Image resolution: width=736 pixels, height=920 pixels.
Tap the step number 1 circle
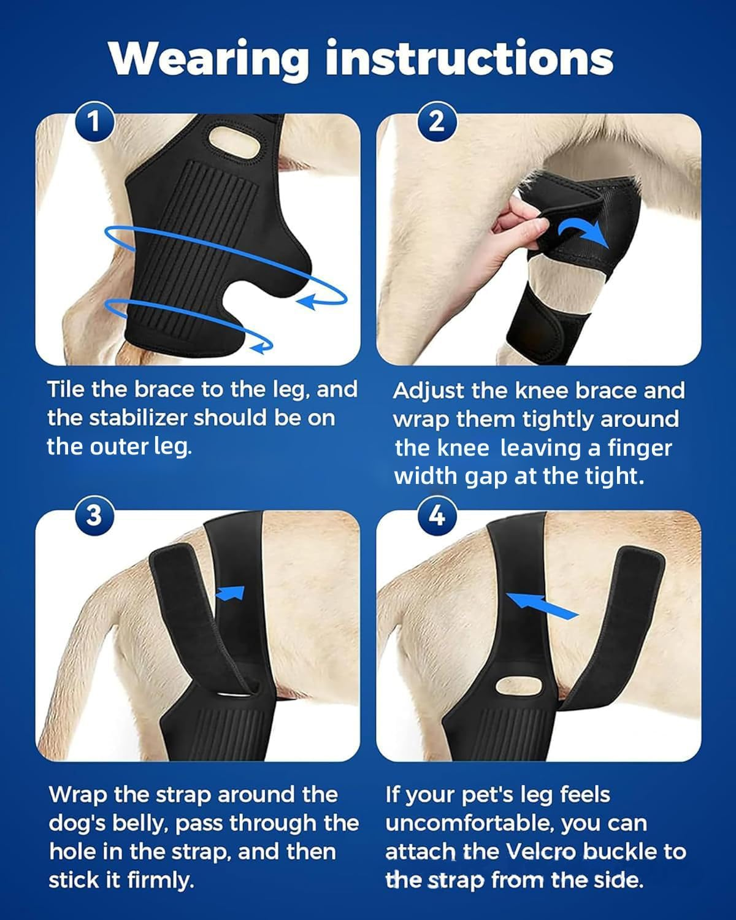pos(94,122)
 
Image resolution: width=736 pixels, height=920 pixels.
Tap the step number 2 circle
pos(436,122)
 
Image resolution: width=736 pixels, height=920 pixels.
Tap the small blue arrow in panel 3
pos(232,593)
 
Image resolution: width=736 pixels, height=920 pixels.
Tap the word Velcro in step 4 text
pos(540,851)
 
